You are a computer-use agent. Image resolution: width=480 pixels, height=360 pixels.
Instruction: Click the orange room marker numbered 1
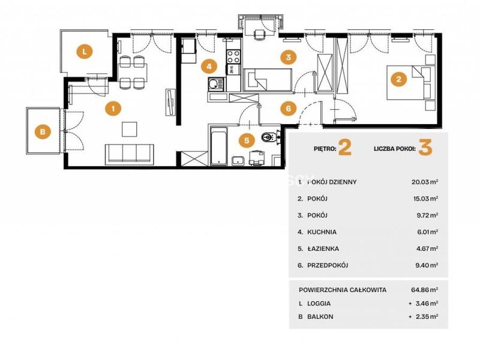(113, 109)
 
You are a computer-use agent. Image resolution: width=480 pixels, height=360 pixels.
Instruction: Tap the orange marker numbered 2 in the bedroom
(398, 79)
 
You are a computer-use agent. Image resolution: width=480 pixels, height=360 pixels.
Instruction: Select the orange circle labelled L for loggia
(85, 52)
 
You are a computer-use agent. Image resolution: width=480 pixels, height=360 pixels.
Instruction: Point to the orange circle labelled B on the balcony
(43, 131)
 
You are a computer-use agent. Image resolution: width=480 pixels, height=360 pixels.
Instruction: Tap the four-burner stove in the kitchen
(233, 56)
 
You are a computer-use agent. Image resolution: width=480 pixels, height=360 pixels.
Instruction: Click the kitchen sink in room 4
(216, 84)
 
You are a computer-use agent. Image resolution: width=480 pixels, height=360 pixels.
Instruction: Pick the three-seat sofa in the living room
(130, 154)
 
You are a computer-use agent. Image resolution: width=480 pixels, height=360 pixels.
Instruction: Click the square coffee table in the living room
(129, 129)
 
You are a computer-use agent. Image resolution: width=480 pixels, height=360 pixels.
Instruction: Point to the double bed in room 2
(411, 82)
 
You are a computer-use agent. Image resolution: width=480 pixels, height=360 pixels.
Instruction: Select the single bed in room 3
(267, 80)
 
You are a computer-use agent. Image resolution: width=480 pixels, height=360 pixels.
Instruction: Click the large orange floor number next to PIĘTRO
(345, 148)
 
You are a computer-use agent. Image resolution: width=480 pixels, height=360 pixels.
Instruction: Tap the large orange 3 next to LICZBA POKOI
(425, 148)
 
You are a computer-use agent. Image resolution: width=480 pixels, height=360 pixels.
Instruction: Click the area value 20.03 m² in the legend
(425, 182)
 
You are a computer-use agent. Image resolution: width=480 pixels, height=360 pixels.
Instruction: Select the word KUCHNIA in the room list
(322, 232)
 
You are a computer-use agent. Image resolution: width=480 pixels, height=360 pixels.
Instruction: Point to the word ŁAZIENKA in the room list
(323, 248)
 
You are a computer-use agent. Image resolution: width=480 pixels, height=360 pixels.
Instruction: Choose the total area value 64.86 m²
(425, 290)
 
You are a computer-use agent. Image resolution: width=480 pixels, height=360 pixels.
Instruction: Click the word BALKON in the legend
(320, 317)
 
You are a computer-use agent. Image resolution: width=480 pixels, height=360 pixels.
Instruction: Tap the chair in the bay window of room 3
(259, 35)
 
